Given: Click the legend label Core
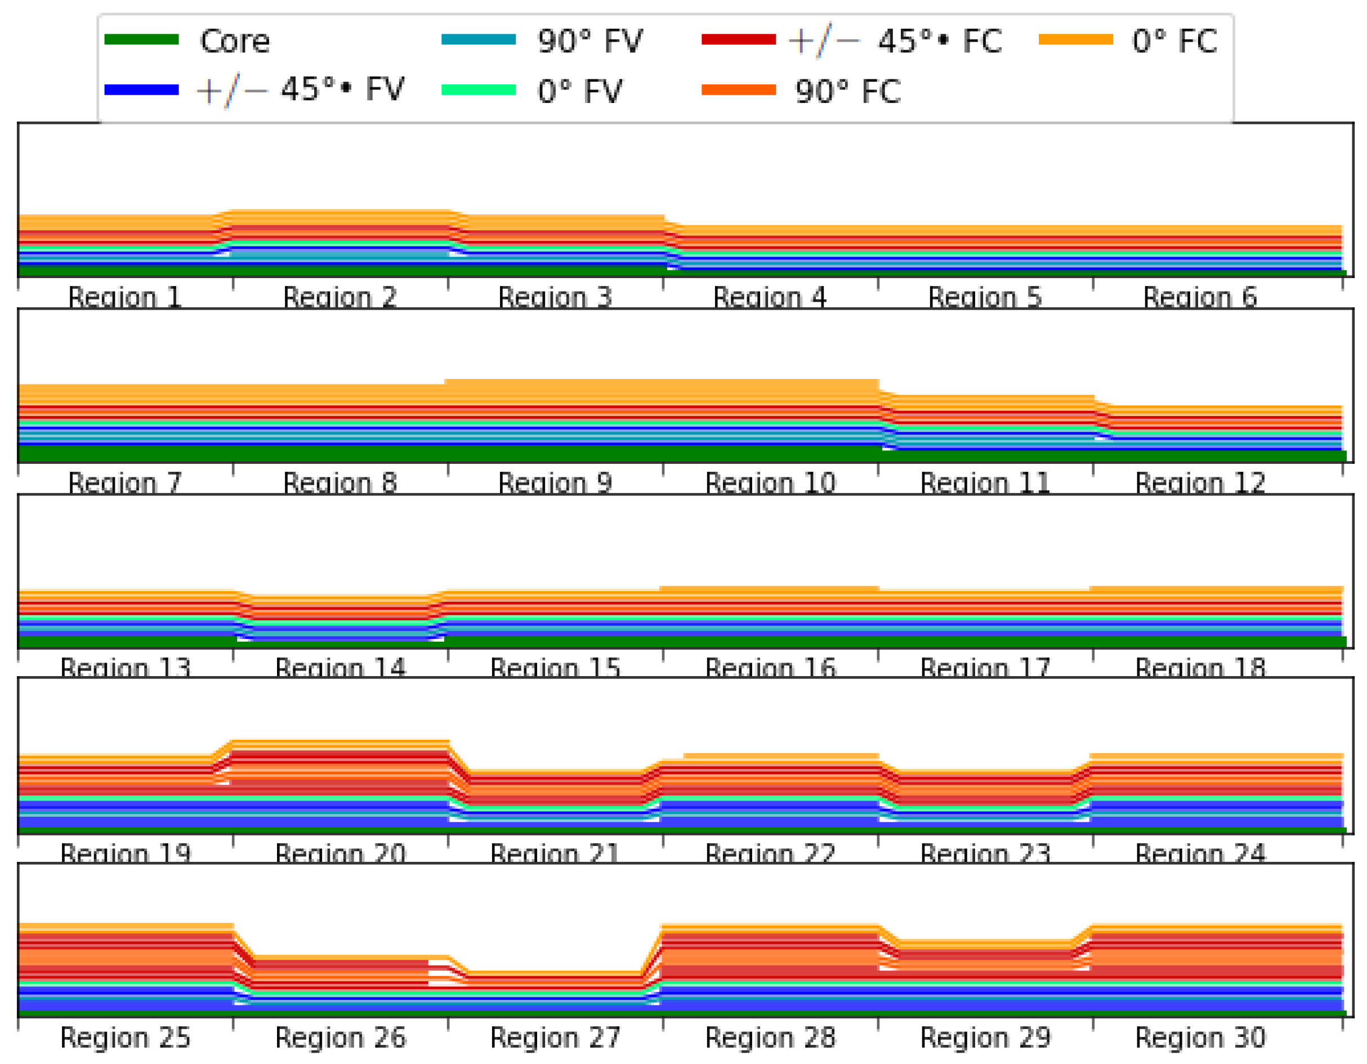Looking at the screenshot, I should pos(235,41).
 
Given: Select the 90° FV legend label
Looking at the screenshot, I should pos(589,41).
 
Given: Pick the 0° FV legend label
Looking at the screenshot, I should pos(579,91).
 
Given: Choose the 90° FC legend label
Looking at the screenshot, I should pos(847,91).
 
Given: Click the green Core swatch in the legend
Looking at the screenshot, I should pos(141,39).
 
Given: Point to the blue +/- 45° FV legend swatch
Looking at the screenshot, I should pos(141,90).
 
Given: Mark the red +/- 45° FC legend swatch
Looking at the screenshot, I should pos(739,39).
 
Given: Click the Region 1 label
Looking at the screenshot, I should pos(124,297).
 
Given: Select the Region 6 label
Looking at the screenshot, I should pos(1200,297).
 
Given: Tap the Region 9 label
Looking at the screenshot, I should pos(555,483).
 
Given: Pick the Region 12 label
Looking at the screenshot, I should pos(1200,483).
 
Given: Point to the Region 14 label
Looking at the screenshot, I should pos(340,668).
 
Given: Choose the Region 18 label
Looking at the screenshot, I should pos(1200,668).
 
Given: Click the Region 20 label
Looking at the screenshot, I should pos(340,853).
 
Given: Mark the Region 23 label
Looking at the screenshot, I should pos(985,853).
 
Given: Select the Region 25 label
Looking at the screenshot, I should pos(124,1038).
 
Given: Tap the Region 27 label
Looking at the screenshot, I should pos(555,1038).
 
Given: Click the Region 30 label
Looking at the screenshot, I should pos(1200,1038).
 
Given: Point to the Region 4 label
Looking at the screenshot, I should pos(769,297).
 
